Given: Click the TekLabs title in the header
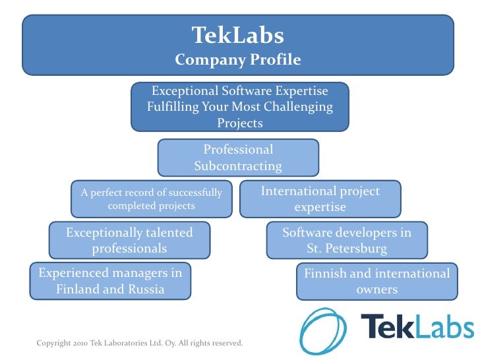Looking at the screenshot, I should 238,34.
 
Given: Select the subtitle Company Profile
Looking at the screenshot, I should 238,60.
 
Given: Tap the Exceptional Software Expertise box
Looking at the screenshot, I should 239,106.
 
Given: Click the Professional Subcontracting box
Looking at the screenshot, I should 238,158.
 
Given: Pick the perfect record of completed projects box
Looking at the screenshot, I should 152,199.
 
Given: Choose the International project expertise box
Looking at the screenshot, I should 320,199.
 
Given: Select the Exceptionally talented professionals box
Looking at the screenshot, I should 129,241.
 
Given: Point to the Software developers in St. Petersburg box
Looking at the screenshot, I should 347,241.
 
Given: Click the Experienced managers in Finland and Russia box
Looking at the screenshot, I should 110,281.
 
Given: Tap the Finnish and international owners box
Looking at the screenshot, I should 376,281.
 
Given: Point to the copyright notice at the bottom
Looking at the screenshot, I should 140,343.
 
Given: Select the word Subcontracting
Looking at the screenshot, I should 238,166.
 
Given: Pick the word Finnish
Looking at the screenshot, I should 326,273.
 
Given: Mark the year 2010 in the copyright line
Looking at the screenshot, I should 79,343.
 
